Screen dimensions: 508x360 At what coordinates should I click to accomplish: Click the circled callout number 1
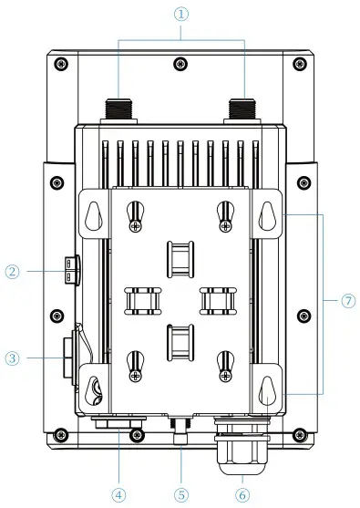coord(180,15)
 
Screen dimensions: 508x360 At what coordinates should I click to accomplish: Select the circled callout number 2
coord(12,271)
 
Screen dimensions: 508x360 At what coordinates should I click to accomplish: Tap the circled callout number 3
coord(12,358)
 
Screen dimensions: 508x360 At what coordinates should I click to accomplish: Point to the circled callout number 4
coord(118,494)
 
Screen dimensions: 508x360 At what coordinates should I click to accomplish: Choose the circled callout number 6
coord(241,494)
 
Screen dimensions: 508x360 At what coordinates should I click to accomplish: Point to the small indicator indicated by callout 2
coord(70,269)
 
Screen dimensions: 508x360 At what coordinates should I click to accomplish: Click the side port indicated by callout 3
coord(67,356)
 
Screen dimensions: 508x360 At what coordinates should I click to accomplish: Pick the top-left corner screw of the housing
coord(60,63)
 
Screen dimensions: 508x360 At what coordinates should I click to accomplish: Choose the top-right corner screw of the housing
coord(301,63)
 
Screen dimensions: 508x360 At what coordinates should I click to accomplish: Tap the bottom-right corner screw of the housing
coord(301,433)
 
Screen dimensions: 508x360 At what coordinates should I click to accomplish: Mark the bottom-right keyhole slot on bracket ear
coord(267,389)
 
